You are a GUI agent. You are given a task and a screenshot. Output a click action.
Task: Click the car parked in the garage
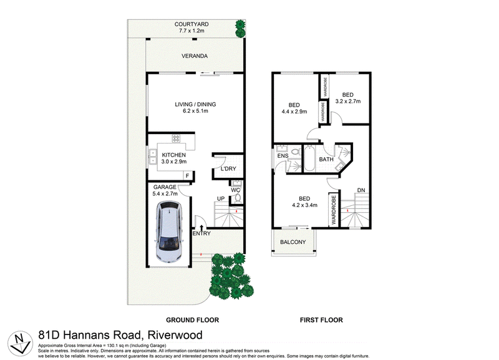(169, 231)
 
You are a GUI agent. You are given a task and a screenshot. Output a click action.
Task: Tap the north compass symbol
(20, 343)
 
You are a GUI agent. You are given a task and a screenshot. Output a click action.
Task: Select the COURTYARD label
(191, 24)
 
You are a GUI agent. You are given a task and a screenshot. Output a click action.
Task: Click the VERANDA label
(195, 56)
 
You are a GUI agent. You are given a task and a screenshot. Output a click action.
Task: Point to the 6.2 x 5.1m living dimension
(195, 111)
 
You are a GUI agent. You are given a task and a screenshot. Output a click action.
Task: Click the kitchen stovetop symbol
(176, 139)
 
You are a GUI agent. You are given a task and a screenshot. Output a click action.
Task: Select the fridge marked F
(188, 176)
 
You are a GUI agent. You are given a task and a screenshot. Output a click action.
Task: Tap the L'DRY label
(228, 168)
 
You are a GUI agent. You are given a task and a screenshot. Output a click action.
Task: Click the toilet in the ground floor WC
(236, 198)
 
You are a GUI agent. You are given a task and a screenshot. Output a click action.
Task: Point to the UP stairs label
(221, 198)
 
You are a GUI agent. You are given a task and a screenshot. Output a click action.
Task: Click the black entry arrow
(201, 228)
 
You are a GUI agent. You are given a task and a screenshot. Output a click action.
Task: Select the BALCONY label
(293, 242)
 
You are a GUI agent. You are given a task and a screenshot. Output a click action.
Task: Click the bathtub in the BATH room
(309, 158)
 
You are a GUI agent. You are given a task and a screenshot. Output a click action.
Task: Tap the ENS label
(283, 156)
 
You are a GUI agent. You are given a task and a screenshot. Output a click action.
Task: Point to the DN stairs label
(361, 190)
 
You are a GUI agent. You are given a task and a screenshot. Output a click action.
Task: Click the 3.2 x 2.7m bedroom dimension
(348, 102)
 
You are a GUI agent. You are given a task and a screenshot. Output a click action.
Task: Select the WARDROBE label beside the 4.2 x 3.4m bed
(334, 210)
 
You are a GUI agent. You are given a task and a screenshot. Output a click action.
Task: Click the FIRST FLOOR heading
(321, 320)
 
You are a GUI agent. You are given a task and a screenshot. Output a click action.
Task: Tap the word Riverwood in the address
(175, 335)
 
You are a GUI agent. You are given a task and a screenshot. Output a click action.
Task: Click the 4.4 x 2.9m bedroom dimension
(294, 112)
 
